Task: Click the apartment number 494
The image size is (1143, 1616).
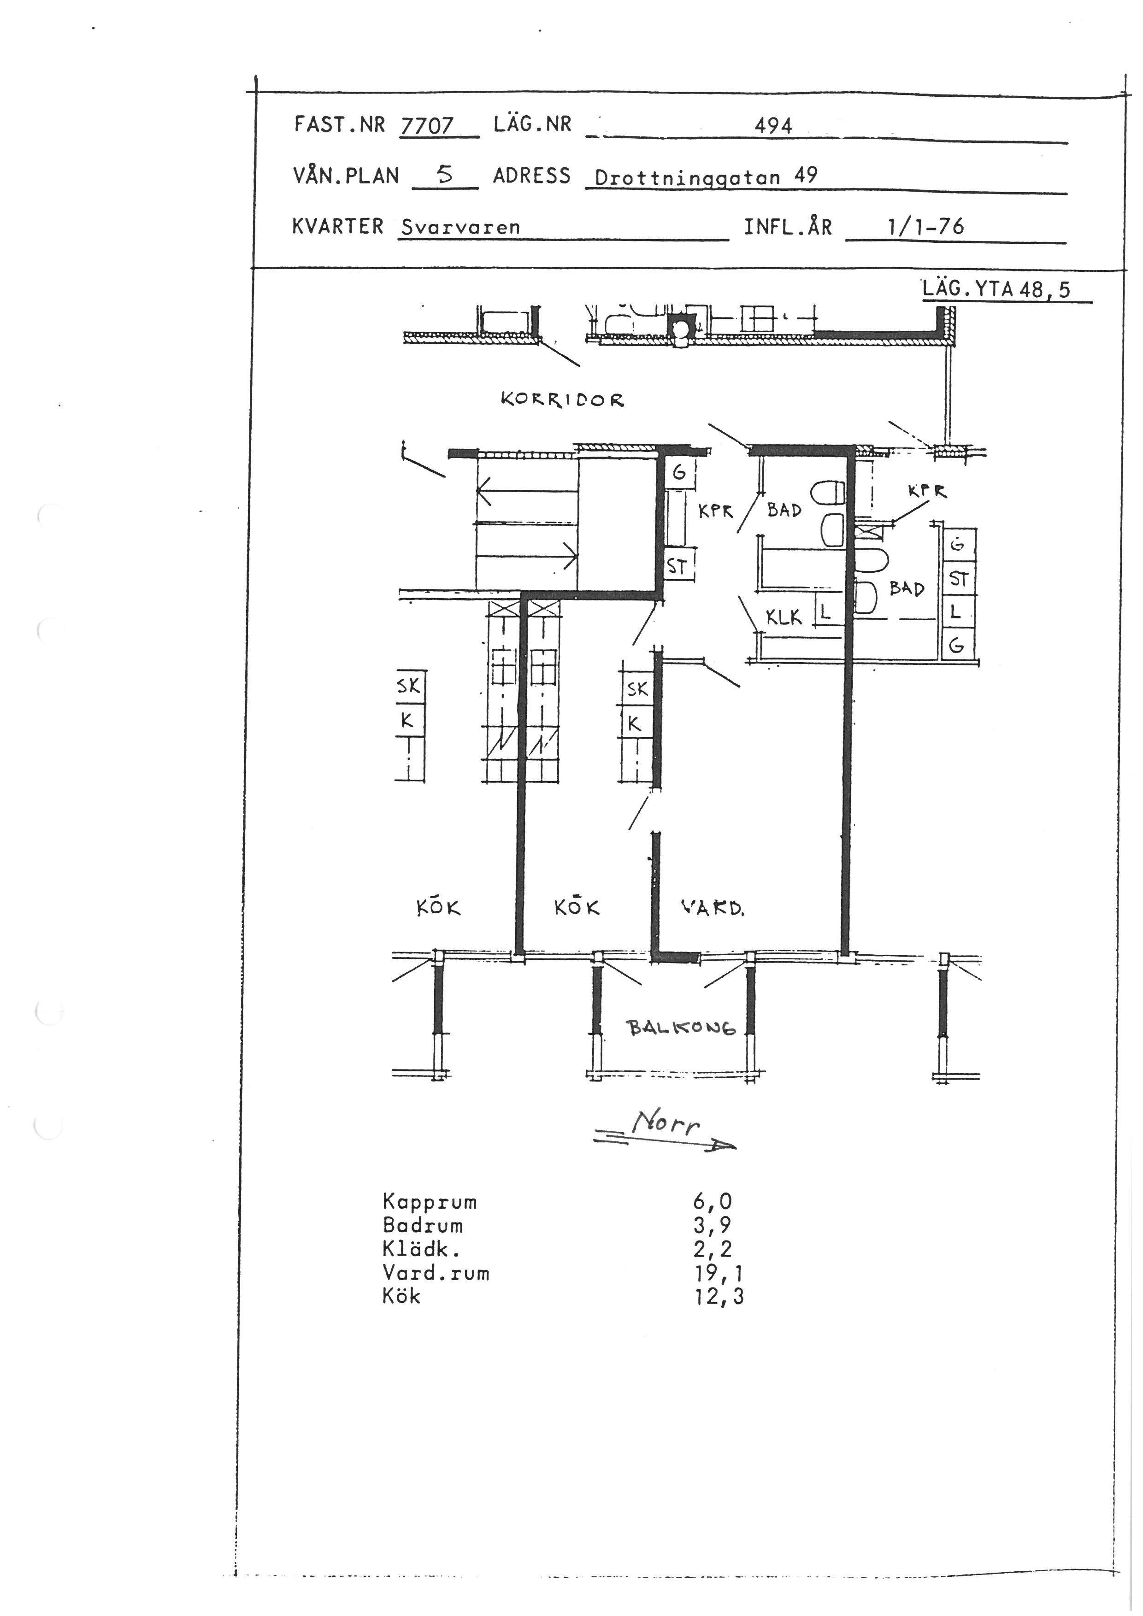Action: [773, 126]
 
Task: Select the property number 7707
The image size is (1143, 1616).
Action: [427, 125]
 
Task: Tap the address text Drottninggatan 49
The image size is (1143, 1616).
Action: [706, 176]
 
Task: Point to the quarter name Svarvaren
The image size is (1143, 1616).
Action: [460, 227]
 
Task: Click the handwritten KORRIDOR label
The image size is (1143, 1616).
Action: [562, 400]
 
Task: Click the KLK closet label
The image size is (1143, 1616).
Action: [784, 617]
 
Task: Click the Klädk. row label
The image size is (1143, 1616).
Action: [420, 1249]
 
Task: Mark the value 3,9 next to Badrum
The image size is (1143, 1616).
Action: [712, 1225]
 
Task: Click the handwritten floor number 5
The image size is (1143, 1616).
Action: [444, 175]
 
